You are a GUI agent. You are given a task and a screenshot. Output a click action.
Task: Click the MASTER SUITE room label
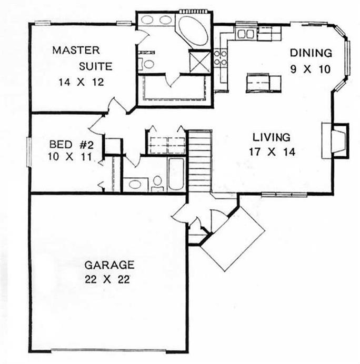[77, 58]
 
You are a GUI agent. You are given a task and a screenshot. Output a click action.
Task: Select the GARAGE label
[111, 265]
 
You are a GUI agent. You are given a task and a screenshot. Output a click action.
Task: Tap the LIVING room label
[271, 138]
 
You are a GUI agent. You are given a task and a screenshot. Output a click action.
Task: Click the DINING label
[311, 53]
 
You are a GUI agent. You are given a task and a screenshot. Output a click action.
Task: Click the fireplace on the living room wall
[335, 140]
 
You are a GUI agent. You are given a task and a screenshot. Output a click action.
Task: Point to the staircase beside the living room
[199, 160]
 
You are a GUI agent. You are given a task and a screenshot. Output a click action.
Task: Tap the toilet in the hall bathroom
[157, 182]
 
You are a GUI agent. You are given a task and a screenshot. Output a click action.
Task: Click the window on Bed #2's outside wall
[29, 151]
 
